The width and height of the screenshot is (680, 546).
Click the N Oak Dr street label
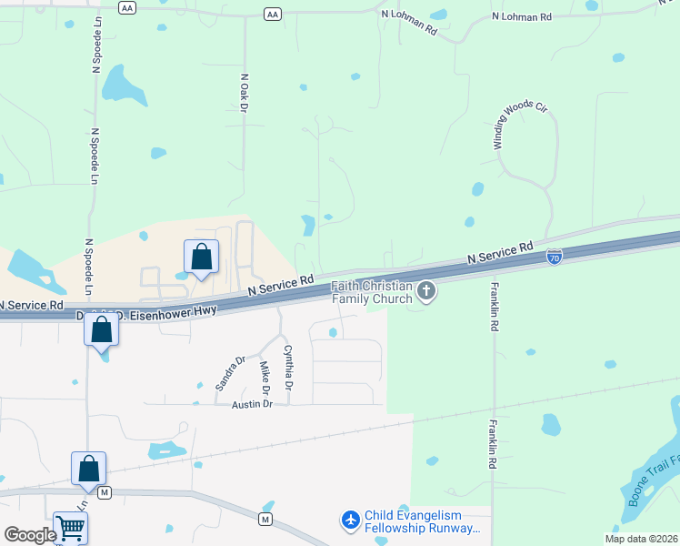244,93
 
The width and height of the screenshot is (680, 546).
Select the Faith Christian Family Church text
373,292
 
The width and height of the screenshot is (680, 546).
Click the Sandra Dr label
230,373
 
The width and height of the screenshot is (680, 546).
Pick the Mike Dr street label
265,378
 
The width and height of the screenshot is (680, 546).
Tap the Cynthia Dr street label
288,368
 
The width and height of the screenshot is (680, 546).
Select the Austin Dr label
252,404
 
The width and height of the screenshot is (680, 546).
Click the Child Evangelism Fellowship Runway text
420,521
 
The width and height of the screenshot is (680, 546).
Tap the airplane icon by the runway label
350,520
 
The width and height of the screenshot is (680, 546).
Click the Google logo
30,535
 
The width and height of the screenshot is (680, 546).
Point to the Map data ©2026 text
641,539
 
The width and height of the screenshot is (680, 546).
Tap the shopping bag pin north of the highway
201,258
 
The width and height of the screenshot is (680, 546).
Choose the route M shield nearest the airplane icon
265,519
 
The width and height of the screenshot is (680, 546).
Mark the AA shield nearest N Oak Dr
272,14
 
